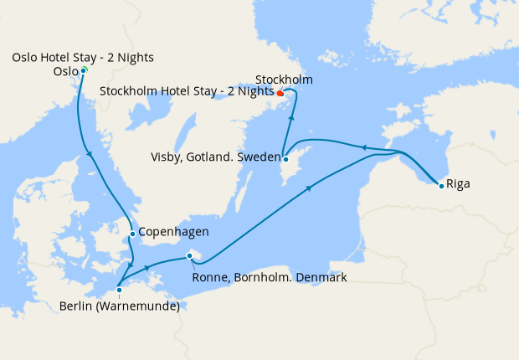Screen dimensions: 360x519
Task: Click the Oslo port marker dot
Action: pyautogui.click(x=84, y=70)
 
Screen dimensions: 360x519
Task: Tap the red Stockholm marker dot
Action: pyautogui.click(x=280, y=93)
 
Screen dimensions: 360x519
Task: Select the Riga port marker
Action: pyautogui.click(x=441, y=185)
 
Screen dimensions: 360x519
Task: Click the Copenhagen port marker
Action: pyautogui.click(x=132, y=234)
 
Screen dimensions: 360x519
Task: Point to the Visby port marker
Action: pyautogui.click(x=285, y=159)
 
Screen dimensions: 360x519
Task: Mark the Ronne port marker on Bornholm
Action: pyautogui.click(x=190, y=256)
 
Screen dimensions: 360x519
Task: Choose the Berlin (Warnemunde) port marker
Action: pyautogui.click(x=120, y=290)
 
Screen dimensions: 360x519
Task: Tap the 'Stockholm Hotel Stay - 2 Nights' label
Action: pyautogui.click(x=186, y=90)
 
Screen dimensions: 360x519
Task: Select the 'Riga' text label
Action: pyautogui.click(x=459, y=183)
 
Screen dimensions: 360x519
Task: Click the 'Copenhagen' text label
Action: pyautogui.click(x=172, y=232)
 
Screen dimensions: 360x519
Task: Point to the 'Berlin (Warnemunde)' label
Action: pyautogui.click(x=120, y=306)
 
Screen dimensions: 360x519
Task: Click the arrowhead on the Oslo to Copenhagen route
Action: pyautogui.click(x=90, y=152)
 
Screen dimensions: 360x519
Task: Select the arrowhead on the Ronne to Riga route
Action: pyautogui.click(x=311, y=188)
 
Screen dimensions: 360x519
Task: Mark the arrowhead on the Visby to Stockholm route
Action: pyautogui.click(x=290, y=118)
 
